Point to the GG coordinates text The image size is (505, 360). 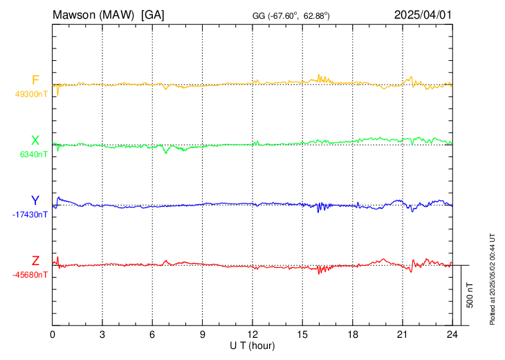(291, 15)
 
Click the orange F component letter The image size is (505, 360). (35, 80)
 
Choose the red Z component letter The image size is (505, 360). (35, 261)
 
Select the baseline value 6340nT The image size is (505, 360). (34, 155)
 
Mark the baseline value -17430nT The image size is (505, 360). (30, 215)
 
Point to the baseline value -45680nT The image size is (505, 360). (30, 275)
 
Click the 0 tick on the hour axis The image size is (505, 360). (53, 334)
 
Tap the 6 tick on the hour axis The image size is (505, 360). (152, 334)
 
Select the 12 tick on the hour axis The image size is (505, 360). (252, 334)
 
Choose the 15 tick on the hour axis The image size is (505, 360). (302, 334)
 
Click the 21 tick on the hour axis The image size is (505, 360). (403, 334)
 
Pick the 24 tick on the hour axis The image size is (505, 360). (452, 334)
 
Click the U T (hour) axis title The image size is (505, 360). (252, 344)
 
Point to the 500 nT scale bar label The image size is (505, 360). (470, 295)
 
